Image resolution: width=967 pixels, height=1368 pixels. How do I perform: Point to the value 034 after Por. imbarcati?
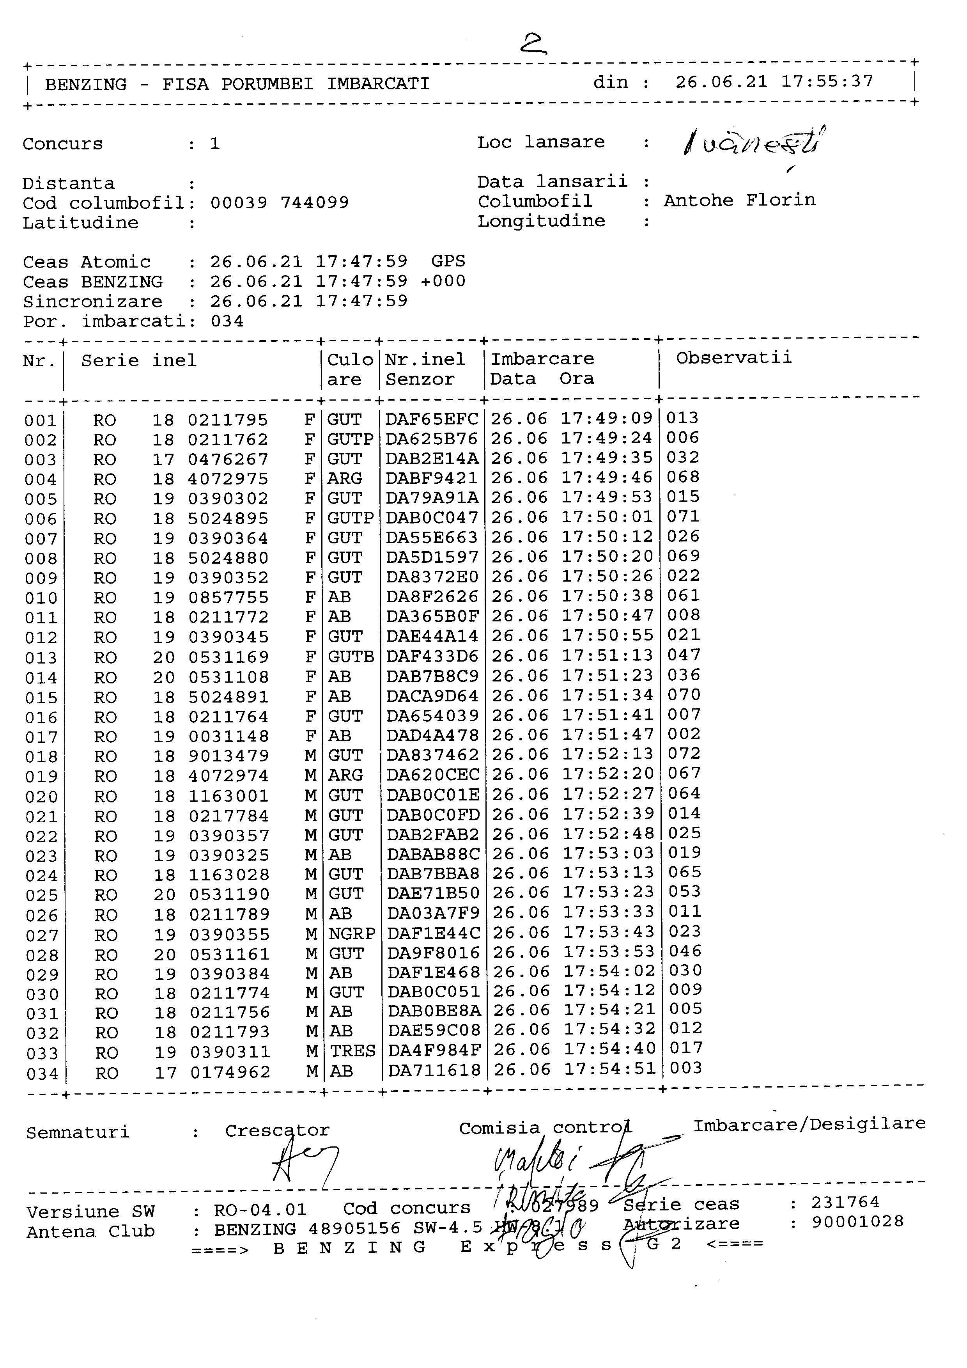227,322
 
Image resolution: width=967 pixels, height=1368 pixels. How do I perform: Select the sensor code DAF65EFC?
431,419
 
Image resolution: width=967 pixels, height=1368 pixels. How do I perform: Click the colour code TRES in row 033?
352,1050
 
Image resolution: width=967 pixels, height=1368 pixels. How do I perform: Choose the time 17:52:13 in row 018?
608,754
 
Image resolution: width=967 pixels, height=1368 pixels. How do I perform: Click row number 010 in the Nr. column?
41,598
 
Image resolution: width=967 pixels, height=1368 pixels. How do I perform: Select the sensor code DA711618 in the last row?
434,1071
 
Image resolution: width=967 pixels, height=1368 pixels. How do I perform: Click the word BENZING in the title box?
86,84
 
